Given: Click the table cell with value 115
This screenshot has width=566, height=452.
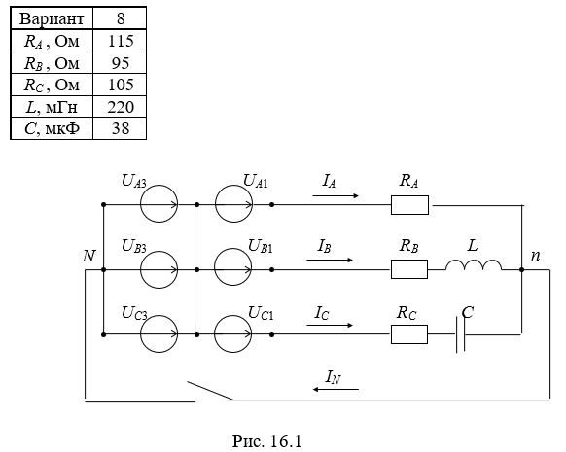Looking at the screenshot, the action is pos(121,41).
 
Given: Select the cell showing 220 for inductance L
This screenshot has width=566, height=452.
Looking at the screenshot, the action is pos(121,107).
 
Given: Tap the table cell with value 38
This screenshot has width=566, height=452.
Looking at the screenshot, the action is pos(121,128).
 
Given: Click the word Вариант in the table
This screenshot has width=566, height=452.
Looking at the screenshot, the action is pos(52,18).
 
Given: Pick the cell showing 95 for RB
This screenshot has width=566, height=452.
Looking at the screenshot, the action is pos(121,63).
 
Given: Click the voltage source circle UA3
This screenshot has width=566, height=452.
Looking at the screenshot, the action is pos(159,204).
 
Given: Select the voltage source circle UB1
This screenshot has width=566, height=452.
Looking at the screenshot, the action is pos(233,267).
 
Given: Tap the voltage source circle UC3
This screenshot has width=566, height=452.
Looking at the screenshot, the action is pos(159,334).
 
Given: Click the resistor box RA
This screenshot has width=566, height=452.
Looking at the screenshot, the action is pos(409,205).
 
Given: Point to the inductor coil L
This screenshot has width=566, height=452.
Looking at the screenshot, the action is pos(474,264).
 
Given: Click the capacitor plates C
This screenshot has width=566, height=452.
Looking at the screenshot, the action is pos(460,334).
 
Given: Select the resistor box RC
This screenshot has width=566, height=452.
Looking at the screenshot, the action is pos(409,334).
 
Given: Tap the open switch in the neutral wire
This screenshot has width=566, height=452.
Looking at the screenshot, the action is pos(210,391).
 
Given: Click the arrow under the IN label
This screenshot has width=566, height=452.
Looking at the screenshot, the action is pos(336,389).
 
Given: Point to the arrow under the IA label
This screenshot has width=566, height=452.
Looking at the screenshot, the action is pos(336,196).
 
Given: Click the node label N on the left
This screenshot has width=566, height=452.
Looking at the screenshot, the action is pos(88,256).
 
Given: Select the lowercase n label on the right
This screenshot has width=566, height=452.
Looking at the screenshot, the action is pos(535,256).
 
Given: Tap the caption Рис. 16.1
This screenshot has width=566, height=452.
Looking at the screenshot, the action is pos(266,441).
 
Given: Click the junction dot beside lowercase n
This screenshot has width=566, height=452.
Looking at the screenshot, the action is pos(521,269).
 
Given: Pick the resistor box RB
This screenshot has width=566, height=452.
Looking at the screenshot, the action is pos(409,269).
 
